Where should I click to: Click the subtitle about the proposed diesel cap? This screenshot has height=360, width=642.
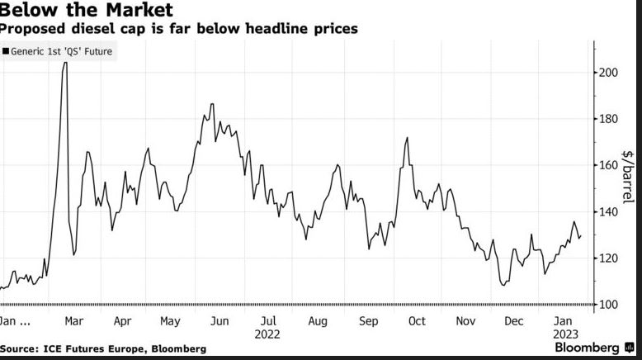coord(178,29)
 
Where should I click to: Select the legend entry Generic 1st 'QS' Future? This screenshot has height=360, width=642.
coord(62,51)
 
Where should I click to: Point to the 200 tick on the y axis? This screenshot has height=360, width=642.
coord(608,73)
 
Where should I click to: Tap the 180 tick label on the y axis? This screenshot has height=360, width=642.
coord(608,119)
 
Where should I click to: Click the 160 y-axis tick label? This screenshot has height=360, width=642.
coord(608,165)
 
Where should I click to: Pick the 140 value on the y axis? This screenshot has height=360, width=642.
coord(608,212)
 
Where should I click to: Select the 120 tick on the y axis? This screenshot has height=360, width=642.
coord(608,258)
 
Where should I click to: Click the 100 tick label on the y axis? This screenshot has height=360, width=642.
coord(608,305)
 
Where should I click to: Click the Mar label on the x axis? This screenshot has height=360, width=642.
coord(73,321)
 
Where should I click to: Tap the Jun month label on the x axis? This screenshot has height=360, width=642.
coord(220,321)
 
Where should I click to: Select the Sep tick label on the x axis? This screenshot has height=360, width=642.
coord(368,321)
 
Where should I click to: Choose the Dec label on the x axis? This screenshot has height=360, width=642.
coord(513,321)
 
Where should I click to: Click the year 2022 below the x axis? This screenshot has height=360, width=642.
coord(267,334)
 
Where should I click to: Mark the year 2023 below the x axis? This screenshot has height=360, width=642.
coord(564,334)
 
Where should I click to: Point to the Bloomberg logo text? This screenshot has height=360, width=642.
coord(587,348)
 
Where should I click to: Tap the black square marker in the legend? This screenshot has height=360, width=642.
coord(6,51)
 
